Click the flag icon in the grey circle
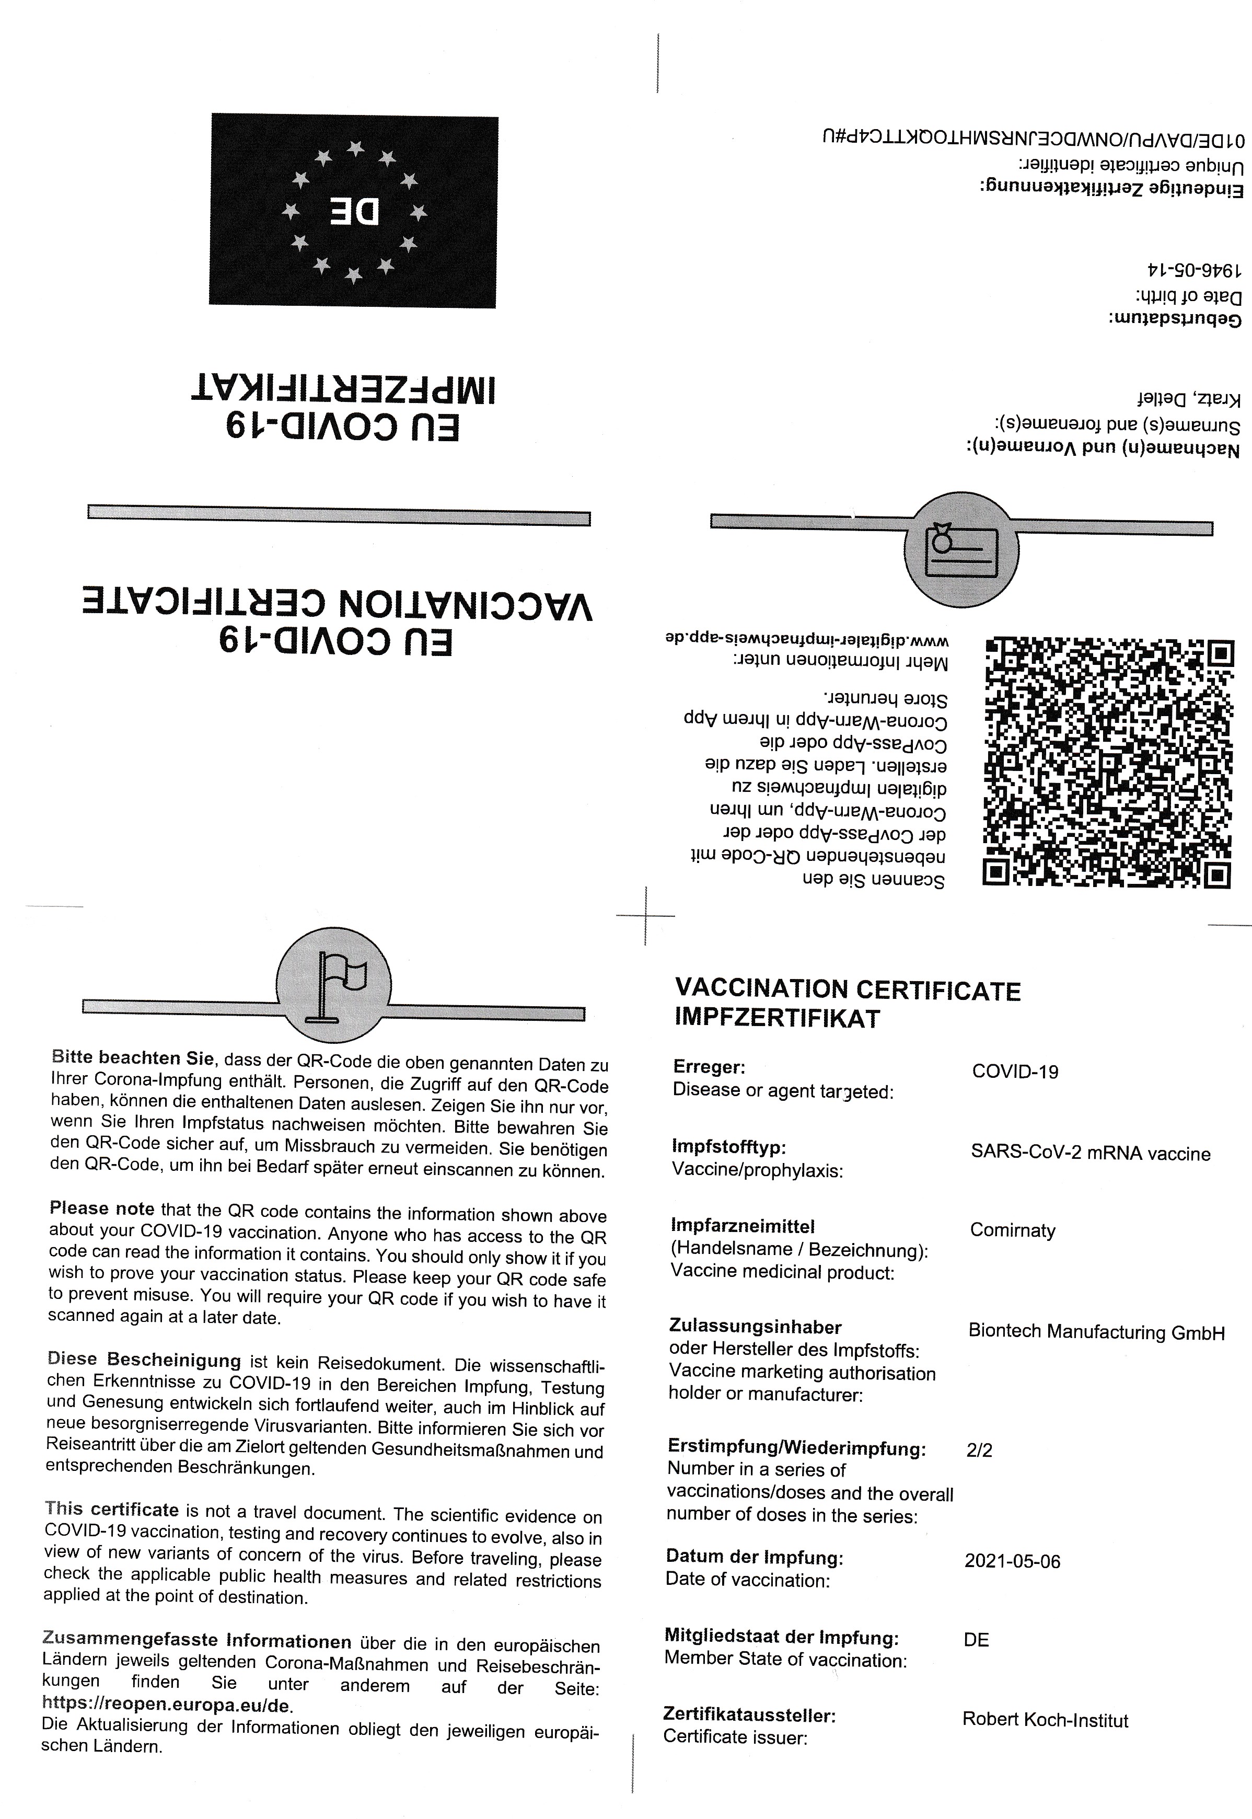point(334,984)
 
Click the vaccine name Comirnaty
point(1012,1230)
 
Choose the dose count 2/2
point(979,1450)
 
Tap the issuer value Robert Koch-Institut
point(1045,1720)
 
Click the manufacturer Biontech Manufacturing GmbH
point(1096,1332)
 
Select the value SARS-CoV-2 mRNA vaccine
point(1091,1153)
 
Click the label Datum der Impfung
point(754,1556)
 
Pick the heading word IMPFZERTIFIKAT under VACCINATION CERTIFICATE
point(778,1019)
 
